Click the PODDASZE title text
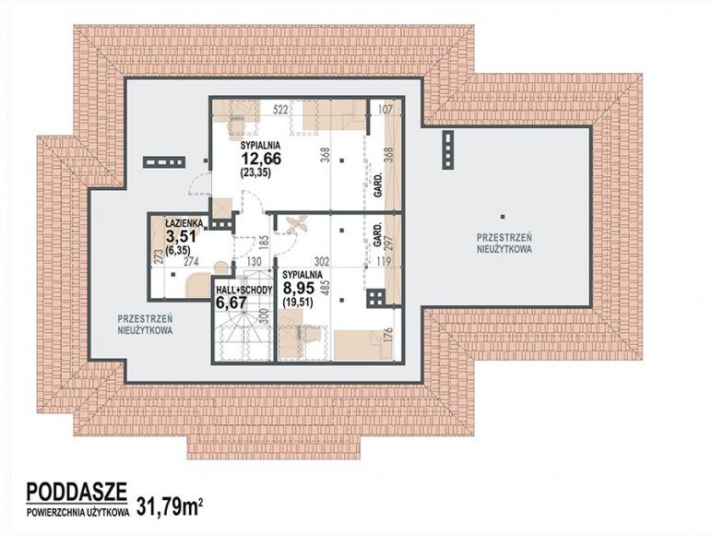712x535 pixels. pyautogui.click(x=77, y=492)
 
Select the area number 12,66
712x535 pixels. pyautogui.click(x=261, y=159)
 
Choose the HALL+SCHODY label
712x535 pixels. pyautogui.click(x=243, y=291)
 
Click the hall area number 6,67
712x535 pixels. pyautogui.click(x=231, y=303)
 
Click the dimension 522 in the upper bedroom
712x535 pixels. pyautogui.click(x=281, y=110)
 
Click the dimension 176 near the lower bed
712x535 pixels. pyautogui.click(x=387, y=337)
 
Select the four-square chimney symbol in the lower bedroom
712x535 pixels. pyautogui.click(x=375, y=298)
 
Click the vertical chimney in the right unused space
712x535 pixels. pyautogui.click(x=448, y=149)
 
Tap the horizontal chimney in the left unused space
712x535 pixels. pyautogui.click(x=163, y=162)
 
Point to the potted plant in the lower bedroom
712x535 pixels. pyautogui.click(x=296, y=223)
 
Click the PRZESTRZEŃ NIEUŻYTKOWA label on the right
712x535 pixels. pyautogui.click(x=504, y=243)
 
